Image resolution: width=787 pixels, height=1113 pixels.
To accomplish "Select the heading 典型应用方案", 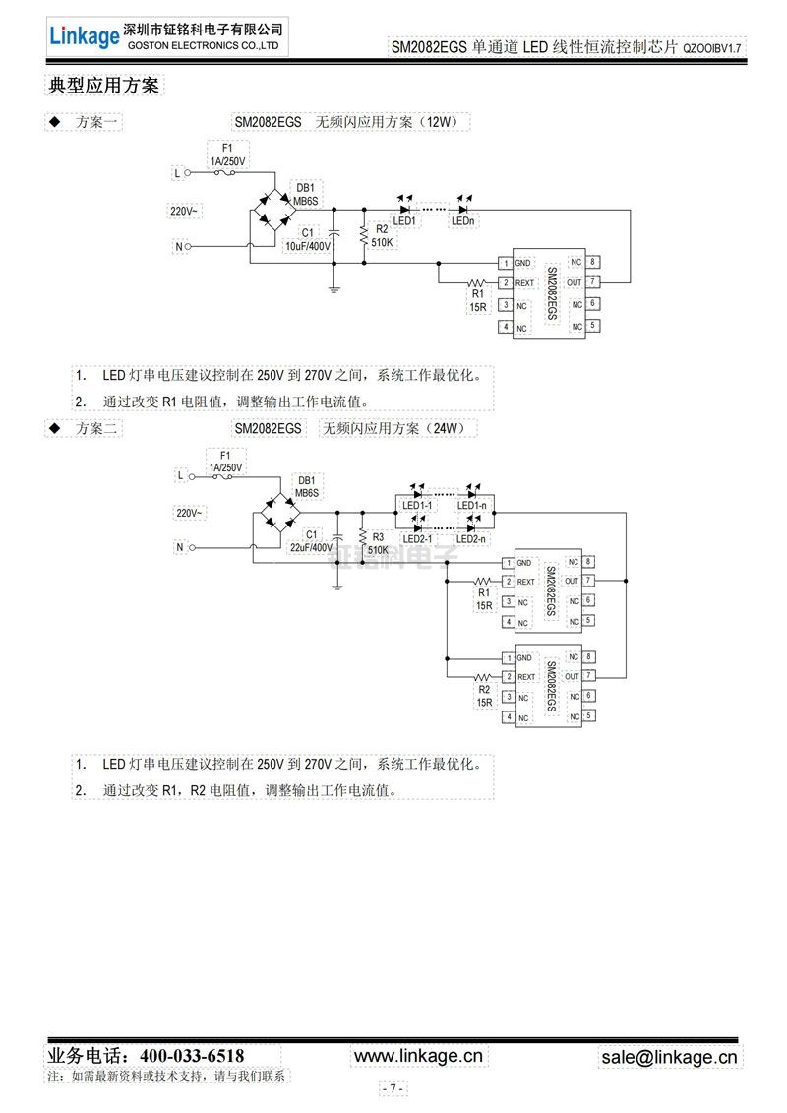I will (x=103, y=86).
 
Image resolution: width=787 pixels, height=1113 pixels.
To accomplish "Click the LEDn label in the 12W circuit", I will (x=463, y=221).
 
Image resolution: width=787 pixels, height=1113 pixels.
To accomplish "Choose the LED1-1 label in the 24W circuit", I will (x=418, y=506).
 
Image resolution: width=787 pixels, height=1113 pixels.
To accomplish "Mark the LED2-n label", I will (x=472, y=538).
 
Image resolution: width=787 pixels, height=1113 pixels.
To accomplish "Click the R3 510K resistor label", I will (x=378, y=544).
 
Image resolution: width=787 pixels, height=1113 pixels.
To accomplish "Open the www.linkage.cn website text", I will (x=418, y=1056).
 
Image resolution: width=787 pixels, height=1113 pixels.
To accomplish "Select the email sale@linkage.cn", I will (x=669, y=1057).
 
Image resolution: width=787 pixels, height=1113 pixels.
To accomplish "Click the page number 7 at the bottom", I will (x=393, y=1088).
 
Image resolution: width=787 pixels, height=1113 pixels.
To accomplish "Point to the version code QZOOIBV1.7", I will (x=710, y=47).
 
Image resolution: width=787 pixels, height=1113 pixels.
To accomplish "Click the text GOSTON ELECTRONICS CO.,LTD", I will (x=204, y=45).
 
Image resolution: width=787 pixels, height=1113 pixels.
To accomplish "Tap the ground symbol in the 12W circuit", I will (x=334, y=288).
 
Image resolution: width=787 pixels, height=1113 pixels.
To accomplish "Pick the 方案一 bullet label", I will (x=97, y=122).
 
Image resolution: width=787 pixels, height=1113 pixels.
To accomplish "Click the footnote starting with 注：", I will (x=167, y=1077).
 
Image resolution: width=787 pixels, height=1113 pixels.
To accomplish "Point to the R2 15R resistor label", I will (x=483, y=696).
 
